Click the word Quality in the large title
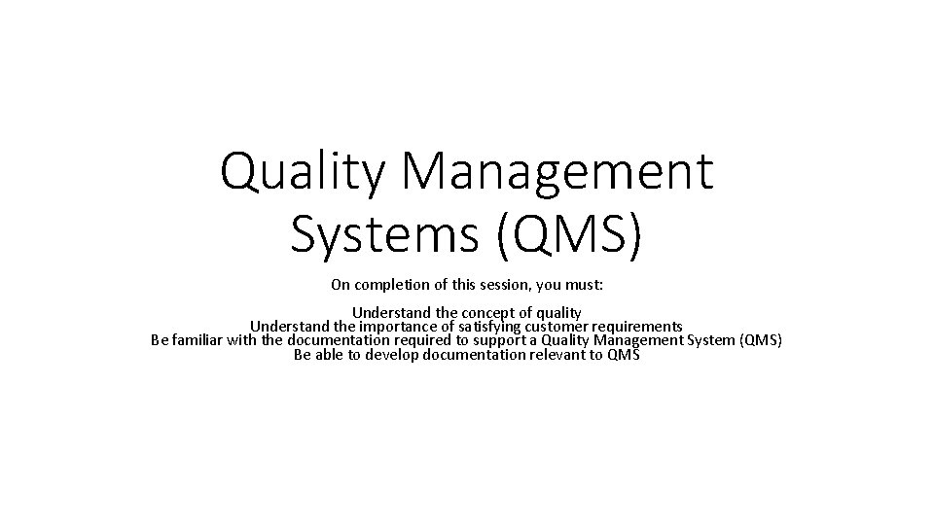pos(300,172)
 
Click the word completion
pos(392,285)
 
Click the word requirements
pos(643,327)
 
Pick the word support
pos(497,340)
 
